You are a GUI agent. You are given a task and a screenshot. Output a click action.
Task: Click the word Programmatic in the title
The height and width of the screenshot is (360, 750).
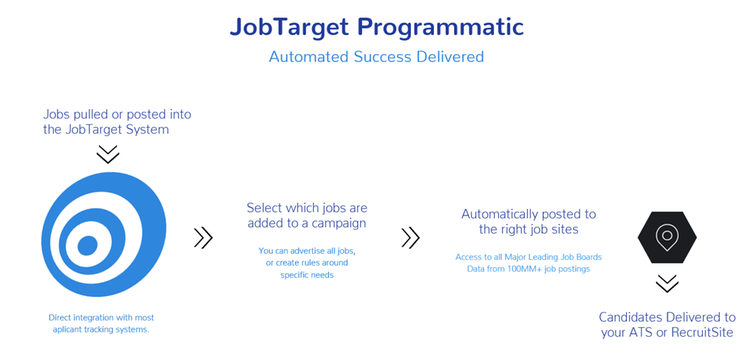(447, 25)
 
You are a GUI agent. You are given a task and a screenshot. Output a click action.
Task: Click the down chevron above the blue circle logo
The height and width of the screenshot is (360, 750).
(107, 154)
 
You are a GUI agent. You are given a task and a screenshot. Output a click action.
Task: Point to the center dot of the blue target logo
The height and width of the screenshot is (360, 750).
(86, 243)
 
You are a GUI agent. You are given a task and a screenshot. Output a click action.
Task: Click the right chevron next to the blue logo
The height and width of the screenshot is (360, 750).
(203, 237)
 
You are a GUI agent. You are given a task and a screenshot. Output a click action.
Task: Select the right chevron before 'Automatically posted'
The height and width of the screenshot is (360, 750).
(410, 237)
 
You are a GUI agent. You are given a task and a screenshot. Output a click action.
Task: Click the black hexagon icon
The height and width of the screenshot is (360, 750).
(667, 237)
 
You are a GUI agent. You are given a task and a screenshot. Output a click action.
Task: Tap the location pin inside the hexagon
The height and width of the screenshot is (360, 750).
(667, 236)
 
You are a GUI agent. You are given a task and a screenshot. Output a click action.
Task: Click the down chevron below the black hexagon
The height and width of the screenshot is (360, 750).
(667, 283)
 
